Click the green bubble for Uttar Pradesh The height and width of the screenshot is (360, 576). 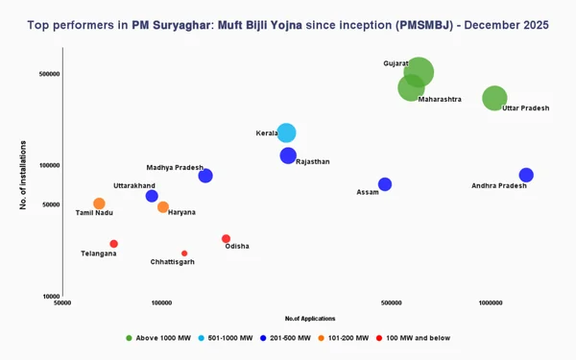[x=494, y=97]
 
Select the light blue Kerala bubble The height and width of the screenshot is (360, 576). [x=286, y=133]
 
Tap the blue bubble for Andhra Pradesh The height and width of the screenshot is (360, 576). [x=526, y=175]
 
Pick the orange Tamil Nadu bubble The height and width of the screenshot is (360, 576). [x=99, y=204]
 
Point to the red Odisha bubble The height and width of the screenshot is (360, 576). [x=227, y=238]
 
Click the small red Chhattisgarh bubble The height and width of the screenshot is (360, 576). [x=184, y=253]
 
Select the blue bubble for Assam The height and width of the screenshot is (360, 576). [x=385, y=184]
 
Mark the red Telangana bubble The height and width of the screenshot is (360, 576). [x=113, y=244]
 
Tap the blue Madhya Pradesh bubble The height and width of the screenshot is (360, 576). [x=205, y=176]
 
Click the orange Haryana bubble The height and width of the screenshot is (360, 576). [x=163, y=207]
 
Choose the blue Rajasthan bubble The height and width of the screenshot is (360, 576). [x=288, y=156]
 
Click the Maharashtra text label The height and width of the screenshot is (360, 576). [x=440, y=100]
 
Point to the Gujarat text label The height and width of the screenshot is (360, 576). [x=396, y=63]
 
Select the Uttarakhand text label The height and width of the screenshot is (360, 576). [x=134, y=185]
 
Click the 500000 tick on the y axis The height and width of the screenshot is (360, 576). [x=48, y=74]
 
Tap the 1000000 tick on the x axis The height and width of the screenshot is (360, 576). [x=491, y=302]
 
